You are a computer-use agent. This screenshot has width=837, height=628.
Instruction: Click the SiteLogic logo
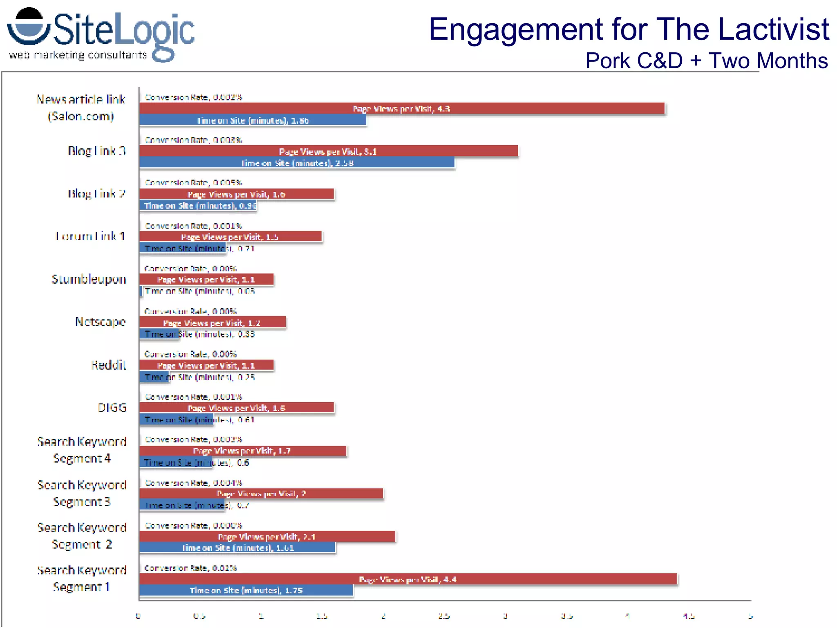click(x=100, y=35)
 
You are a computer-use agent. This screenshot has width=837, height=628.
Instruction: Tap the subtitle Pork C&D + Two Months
click(x=706, y=61)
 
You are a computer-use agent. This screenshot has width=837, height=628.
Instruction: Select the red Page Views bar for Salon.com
click(x=401, y=109)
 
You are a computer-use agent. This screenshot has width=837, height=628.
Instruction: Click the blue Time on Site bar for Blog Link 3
click(x=297, y=163)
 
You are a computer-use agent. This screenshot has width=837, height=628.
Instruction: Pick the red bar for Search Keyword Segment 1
click(x=407, y=579)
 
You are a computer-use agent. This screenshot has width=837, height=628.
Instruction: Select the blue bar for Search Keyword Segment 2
click(x=237, y=548)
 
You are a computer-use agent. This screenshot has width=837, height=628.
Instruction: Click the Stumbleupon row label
click(x=89, y=279)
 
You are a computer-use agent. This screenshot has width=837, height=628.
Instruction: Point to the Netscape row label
click(x=100, y=322)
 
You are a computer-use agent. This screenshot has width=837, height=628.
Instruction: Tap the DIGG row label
click(x=112, y=408)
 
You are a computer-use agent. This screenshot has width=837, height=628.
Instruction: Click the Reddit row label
click(x=108, y=365)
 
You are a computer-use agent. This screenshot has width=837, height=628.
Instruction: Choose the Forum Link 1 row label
click(x=90, y=236)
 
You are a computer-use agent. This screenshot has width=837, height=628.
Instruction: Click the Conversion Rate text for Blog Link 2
click(x=193, y=183)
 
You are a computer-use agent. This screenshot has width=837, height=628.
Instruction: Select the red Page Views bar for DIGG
click(x=236, y=408)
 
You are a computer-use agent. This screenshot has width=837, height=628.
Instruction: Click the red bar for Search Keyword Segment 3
click(x=261, y=494)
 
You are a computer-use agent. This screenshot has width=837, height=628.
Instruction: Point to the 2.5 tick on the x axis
click(x=444, y=616)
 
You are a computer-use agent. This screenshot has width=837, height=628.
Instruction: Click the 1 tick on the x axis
click(x=261, y=616)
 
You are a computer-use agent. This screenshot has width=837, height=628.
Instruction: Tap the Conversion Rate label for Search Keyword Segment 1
click(x=190, y=568)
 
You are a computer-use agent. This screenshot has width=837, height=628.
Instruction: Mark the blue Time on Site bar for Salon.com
click(x=252, y=121)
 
